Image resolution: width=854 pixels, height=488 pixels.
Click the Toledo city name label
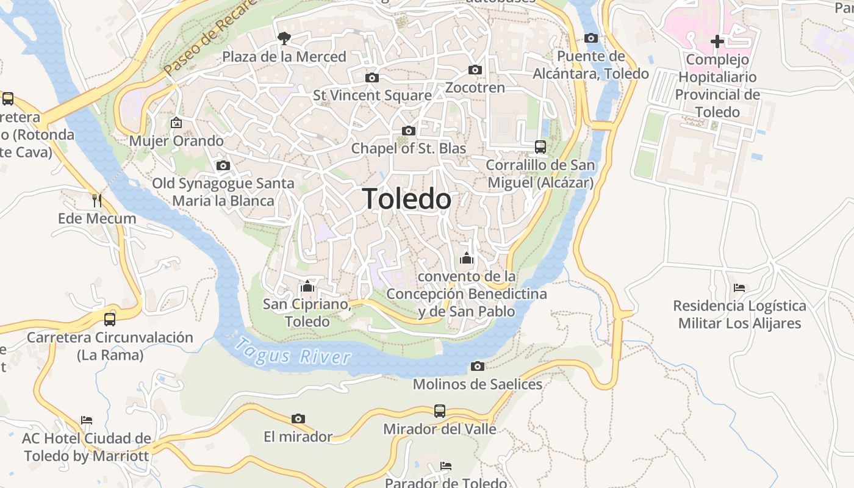(x=407, y=199)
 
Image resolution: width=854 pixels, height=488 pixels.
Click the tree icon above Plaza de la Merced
(x=284, y=38)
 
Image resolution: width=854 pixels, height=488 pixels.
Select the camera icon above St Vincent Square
(x=371, y=77)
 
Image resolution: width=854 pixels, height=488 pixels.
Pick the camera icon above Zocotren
(x=475, y=70)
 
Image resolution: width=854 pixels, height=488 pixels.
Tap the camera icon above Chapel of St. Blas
(x=409, y=131)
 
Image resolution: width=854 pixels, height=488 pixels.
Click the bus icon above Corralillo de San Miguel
(x=540, y=146)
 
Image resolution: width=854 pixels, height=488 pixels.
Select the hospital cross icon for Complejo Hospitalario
(x=717, y=41)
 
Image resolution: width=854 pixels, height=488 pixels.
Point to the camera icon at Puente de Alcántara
(x=590, y=38)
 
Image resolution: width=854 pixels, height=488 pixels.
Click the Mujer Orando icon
(x=176, y=123)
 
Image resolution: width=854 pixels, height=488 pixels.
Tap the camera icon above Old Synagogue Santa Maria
(x=223, y=165)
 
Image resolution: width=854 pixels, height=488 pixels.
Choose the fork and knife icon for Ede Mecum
(x=96, y=200)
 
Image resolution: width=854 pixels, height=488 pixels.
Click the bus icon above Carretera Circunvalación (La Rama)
(x=110, y=319)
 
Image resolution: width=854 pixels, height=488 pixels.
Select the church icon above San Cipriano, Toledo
(x=307, y=285)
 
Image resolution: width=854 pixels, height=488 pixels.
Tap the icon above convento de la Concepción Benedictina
(x=467, y=258)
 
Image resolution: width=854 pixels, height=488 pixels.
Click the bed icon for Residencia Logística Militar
(x=739, y=287)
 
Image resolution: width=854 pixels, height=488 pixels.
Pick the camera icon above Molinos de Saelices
(x=478, y=366)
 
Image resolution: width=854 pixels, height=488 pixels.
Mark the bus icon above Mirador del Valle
(x=440, y=411)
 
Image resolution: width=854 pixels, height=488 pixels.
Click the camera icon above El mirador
(x=298, y=418)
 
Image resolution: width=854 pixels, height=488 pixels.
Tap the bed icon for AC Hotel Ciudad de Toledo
(x=87, y=420)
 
